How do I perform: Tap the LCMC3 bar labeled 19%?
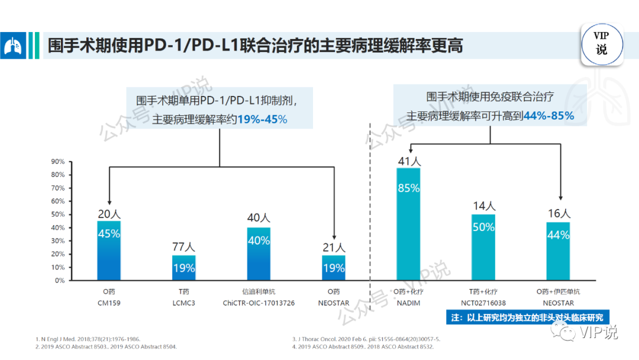(x=183, y=268)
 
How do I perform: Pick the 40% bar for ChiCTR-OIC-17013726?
(x=259, y=253)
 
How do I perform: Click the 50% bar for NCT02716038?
(x=483, y=247)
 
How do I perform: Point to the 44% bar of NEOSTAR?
(x=558, y=251)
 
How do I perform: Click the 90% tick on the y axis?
(x=57, y=162)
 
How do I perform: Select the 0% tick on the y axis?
(x=59, y=281)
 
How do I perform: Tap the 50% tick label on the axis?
(x=57, y=214)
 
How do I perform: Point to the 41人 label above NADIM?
(x=408, y=160)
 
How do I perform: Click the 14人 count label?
(x=483, y=205)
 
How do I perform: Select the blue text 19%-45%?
(x=262, y=119)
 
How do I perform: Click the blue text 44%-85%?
(x=548, y=115)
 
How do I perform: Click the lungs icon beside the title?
(x=13, y=46)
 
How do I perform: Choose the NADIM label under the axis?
(x=408, y=303)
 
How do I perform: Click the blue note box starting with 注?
(x=527, y=317)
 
